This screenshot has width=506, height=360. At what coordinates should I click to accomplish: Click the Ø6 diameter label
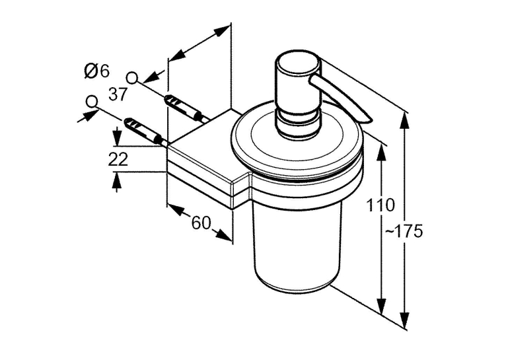point(97,71)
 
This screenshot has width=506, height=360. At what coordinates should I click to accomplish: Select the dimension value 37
point(118,94)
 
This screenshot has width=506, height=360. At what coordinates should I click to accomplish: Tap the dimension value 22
point(118,159)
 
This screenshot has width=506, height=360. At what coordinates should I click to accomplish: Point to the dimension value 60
point(201,223)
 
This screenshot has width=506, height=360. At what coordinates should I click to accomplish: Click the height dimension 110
point(380,205)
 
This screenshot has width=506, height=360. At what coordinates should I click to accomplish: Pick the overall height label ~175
point(404,231)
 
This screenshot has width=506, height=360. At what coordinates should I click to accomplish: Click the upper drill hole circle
point(132,77)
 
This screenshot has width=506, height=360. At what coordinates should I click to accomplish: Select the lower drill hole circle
point(92,102)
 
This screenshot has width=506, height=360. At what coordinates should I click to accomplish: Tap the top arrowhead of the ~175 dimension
point(405,119)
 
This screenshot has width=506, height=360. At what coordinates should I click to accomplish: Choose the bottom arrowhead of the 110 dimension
point(382,305)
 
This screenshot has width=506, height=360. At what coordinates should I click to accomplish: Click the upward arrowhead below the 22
point(116,180)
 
